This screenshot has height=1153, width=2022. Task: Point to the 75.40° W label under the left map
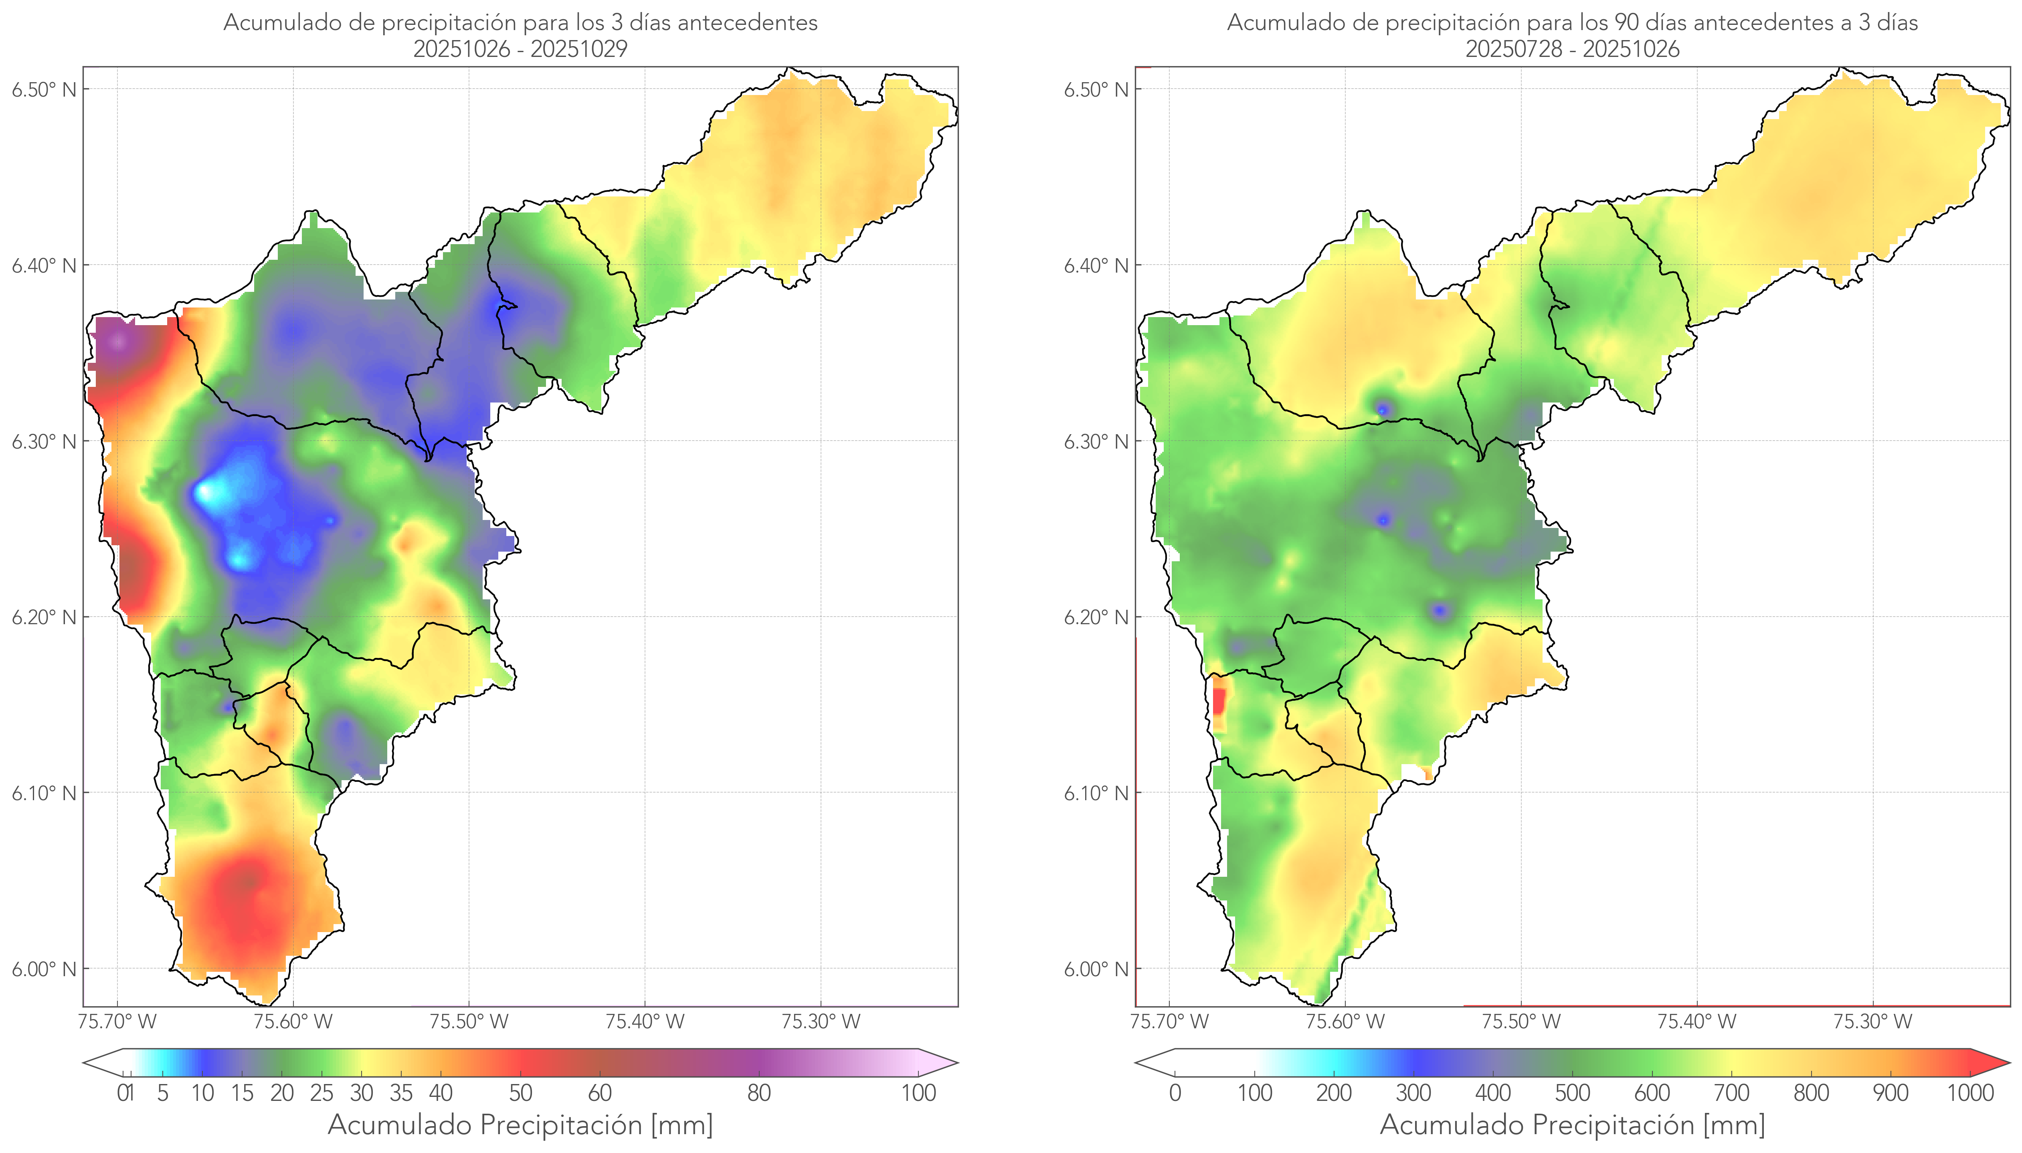click(x=645, y=1022)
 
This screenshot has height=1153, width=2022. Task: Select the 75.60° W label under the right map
click(x=1345, y=1022)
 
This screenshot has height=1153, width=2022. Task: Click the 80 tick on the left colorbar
click(x=758, y=1093)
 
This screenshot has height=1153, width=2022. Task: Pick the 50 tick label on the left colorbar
click(x=520, y=1093)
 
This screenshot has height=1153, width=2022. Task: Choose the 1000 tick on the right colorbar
click(x=1970, y=1093)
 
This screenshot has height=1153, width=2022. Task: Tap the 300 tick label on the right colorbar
click(x=1413, y=1093)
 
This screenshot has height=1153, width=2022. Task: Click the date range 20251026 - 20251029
click(x=520, y=49)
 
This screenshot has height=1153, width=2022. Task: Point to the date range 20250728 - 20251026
click(x=1572, y=49)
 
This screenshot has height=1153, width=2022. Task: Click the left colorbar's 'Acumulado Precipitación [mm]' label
click(x=520, y=1125)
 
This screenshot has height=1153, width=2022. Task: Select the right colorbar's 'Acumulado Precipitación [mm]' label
click(x=1572, y=1125)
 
